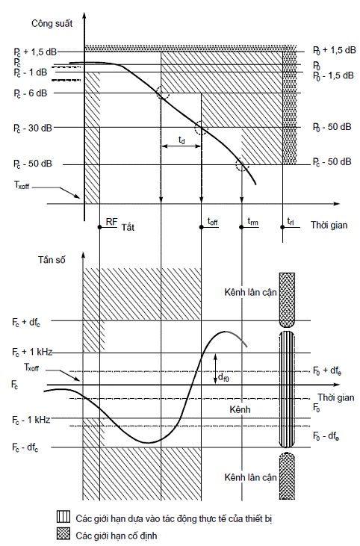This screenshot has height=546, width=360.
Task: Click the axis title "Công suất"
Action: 52,24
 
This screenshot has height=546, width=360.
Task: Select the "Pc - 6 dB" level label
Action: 31,93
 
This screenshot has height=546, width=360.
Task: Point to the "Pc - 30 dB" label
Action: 33,128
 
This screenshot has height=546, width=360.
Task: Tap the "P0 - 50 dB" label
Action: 332,127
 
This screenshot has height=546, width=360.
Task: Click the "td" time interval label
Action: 181,140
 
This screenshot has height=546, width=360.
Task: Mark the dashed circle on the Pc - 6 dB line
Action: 163,93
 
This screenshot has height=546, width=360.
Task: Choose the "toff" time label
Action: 213,222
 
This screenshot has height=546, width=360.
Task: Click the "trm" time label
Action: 252,222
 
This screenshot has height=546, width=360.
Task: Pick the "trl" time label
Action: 291,222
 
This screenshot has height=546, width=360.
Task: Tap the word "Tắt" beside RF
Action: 128,227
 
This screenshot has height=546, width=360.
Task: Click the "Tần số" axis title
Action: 52,260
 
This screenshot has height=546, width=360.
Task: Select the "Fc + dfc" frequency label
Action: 26,322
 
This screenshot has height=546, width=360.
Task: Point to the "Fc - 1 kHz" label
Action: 31,420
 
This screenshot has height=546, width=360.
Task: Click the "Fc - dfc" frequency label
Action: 25,448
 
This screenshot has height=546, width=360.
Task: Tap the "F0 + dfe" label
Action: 327,371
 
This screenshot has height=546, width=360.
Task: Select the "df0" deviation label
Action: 223,376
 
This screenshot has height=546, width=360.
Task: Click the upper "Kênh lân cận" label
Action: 251,293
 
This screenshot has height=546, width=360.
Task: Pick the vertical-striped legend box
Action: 63,518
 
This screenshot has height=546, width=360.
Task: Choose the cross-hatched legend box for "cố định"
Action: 63,535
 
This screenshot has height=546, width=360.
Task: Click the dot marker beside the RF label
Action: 99,227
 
